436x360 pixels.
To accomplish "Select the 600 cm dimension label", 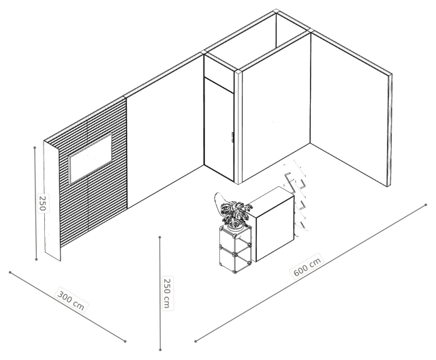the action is pos(307,265).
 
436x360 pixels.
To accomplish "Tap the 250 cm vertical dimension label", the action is pos(167,293).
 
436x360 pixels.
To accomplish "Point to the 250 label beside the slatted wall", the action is pos(42,203).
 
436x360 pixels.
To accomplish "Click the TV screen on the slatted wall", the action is pos(90,158).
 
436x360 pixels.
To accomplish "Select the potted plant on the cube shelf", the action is pos(235,213).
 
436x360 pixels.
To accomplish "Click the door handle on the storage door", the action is pos(232,138).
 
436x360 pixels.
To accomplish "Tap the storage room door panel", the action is pos(219,129).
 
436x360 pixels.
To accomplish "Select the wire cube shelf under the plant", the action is pos(236,248).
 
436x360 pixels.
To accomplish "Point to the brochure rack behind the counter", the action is pos(296,196).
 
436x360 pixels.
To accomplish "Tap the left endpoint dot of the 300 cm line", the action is pos(10,272).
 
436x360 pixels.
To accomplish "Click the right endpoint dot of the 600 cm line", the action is pos(426,205).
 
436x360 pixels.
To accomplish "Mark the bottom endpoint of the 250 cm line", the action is pos(160,350).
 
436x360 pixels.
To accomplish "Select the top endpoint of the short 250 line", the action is pos(35,147).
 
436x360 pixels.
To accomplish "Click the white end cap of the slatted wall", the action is pos(52,201).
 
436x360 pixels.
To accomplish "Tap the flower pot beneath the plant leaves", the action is pos(235,228).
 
